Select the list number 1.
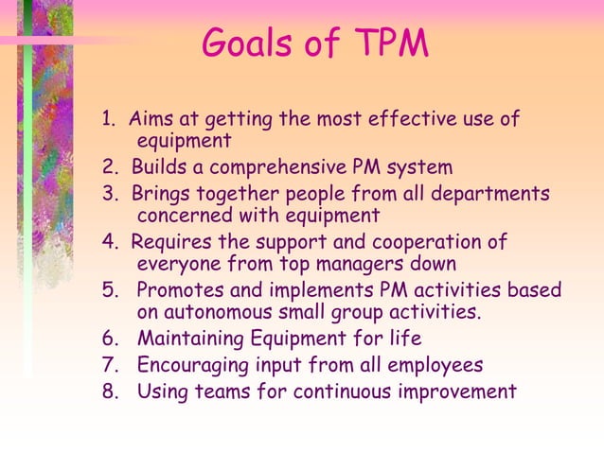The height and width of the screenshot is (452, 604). (108, 120)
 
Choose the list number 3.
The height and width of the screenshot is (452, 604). (108, 194)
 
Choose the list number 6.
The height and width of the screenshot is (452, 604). (109, 339)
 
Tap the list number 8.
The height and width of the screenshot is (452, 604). (109, 390)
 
